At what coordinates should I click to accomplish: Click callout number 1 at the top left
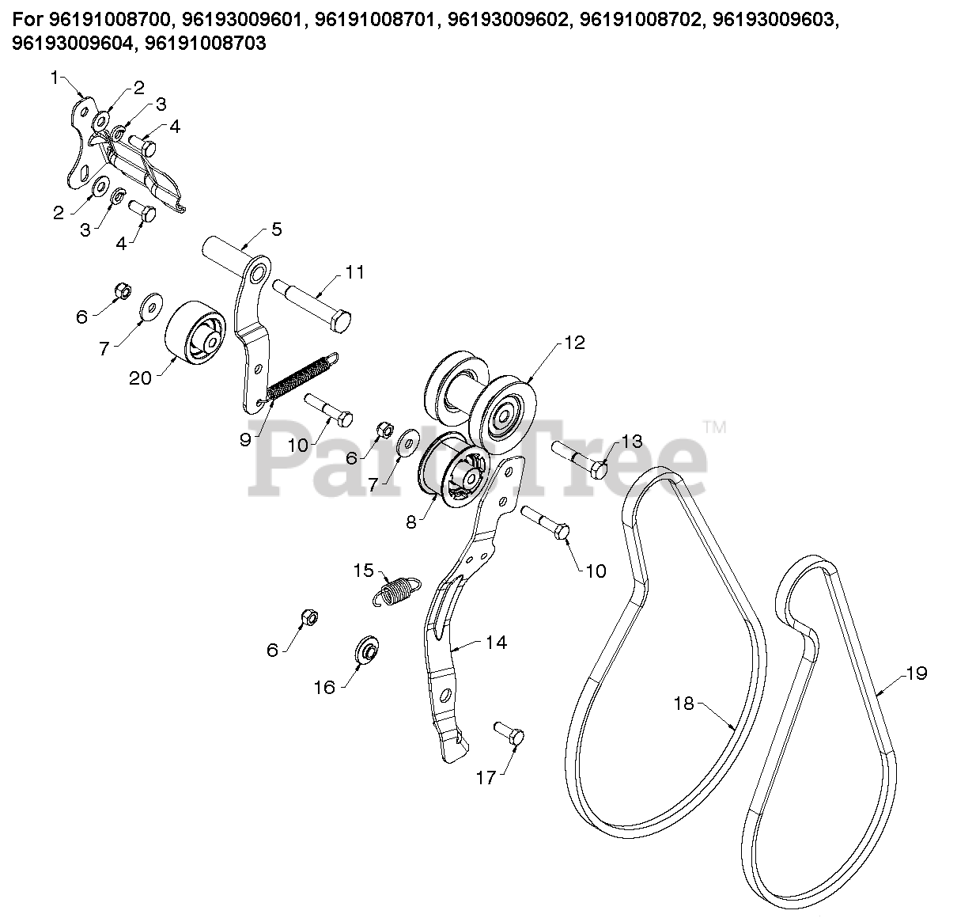(x=55, y=78)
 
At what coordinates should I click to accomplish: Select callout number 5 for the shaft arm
(x=276, y=229)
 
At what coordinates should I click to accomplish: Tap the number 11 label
(x=355, y=272)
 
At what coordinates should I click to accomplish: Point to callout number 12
(x=574, y=343)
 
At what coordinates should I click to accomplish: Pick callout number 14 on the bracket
(x=496, y=642)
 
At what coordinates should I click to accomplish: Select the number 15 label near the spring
(x=363, y=570)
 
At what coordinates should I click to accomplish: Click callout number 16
(x=325, y=688)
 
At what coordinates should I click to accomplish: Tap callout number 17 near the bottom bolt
(x=486, y=778)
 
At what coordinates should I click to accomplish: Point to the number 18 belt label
(x=683, y=703)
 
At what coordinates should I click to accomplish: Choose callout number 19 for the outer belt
(x=917, y=673)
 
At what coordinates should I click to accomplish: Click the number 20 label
(x=140, y=378)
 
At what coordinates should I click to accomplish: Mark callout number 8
(x=410, y=522)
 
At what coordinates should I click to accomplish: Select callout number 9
(x=245, y=438)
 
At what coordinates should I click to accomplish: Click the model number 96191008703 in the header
(x=202, y=44)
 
